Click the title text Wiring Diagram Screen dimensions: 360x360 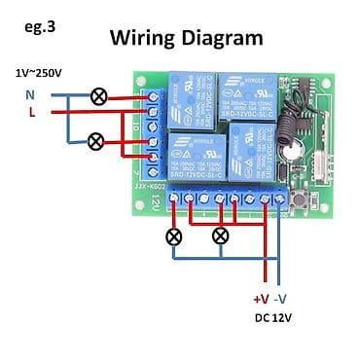click(186, 38)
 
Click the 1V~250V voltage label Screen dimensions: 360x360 click(39, 73)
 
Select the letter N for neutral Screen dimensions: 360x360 click(29, 94)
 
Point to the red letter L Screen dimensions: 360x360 click(30, 112)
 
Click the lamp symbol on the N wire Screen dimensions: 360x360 click(97, 95)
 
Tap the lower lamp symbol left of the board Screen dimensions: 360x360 click(95, 141)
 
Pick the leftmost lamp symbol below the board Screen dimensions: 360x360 click(173, 235)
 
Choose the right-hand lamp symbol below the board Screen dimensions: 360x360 click(220, 235)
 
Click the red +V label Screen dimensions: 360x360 click(261, 301)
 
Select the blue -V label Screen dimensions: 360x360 click(281, 301)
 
